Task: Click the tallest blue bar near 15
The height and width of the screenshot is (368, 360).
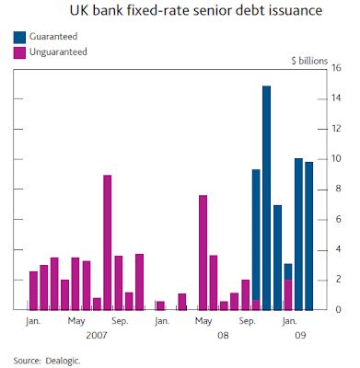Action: click(266, 198)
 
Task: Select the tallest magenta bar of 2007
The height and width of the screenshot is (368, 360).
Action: click(108, 243)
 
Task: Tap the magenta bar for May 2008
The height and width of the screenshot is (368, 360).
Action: click(203, 253)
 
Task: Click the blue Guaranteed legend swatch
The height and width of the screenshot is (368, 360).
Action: click(19, 37)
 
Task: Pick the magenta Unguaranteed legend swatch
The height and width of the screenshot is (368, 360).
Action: click(19, 52)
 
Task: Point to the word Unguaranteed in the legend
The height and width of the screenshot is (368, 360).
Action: click(58, 52)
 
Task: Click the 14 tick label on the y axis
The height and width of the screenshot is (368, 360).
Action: click(336, 98)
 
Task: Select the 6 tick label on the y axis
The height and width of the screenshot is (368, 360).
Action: click(338, 219)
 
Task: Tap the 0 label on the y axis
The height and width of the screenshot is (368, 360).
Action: click(338, 310)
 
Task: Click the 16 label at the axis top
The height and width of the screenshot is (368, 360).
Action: click(336, 68)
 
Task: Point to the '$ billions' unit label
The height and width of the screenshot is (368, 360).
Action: click(309, 61)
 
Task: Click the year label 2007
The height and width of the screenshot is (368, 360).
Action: click(97, 335)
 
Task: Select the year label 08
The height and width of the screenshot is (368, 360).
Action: click(223, 335)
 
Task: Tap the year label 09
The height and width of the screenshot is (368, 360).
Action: click(300, 335)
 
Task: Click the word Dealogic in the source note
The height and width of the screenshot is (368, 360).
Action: click(63, 361)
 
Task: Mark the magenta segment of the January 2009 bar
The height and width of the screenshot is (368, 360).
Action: click(288, 295)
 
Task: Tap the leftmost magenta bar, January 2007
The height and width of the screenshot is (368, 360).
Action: click(33, 291)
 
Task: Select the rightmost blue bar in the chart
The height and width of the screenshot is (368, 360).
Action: click(309, 236)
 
